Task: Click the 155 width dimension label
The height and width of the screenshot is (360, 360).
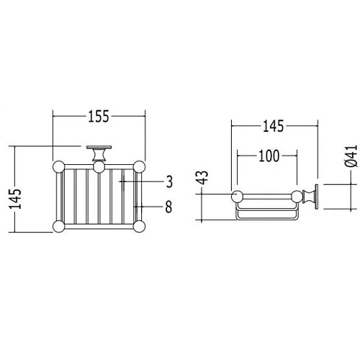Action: tap(99, 117)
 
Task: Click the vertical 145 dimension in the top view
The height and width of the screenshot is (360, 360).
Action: tap(15, 199)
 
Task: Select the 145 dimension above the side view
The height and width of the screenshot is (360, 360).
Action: tap(274, 126)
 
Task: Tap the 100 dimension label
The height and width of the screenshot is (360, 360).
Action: tap(269, 156)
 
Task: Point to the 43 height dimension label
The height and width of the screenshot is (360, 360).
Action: tap(203, 177)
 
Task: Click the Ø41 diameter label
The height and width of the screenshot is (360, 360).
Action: tap(351, 156)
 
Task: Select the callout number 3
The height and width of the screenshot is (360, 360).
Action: tap(169, 181)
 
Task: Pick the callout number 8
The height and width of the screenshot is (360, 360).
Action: tap(168, 207)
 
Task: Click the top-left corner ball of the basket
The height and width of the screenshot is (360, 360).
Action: tap(58, 167)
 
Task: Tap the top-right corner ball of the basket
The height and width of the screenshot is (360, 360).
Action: tap(139, 167)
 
